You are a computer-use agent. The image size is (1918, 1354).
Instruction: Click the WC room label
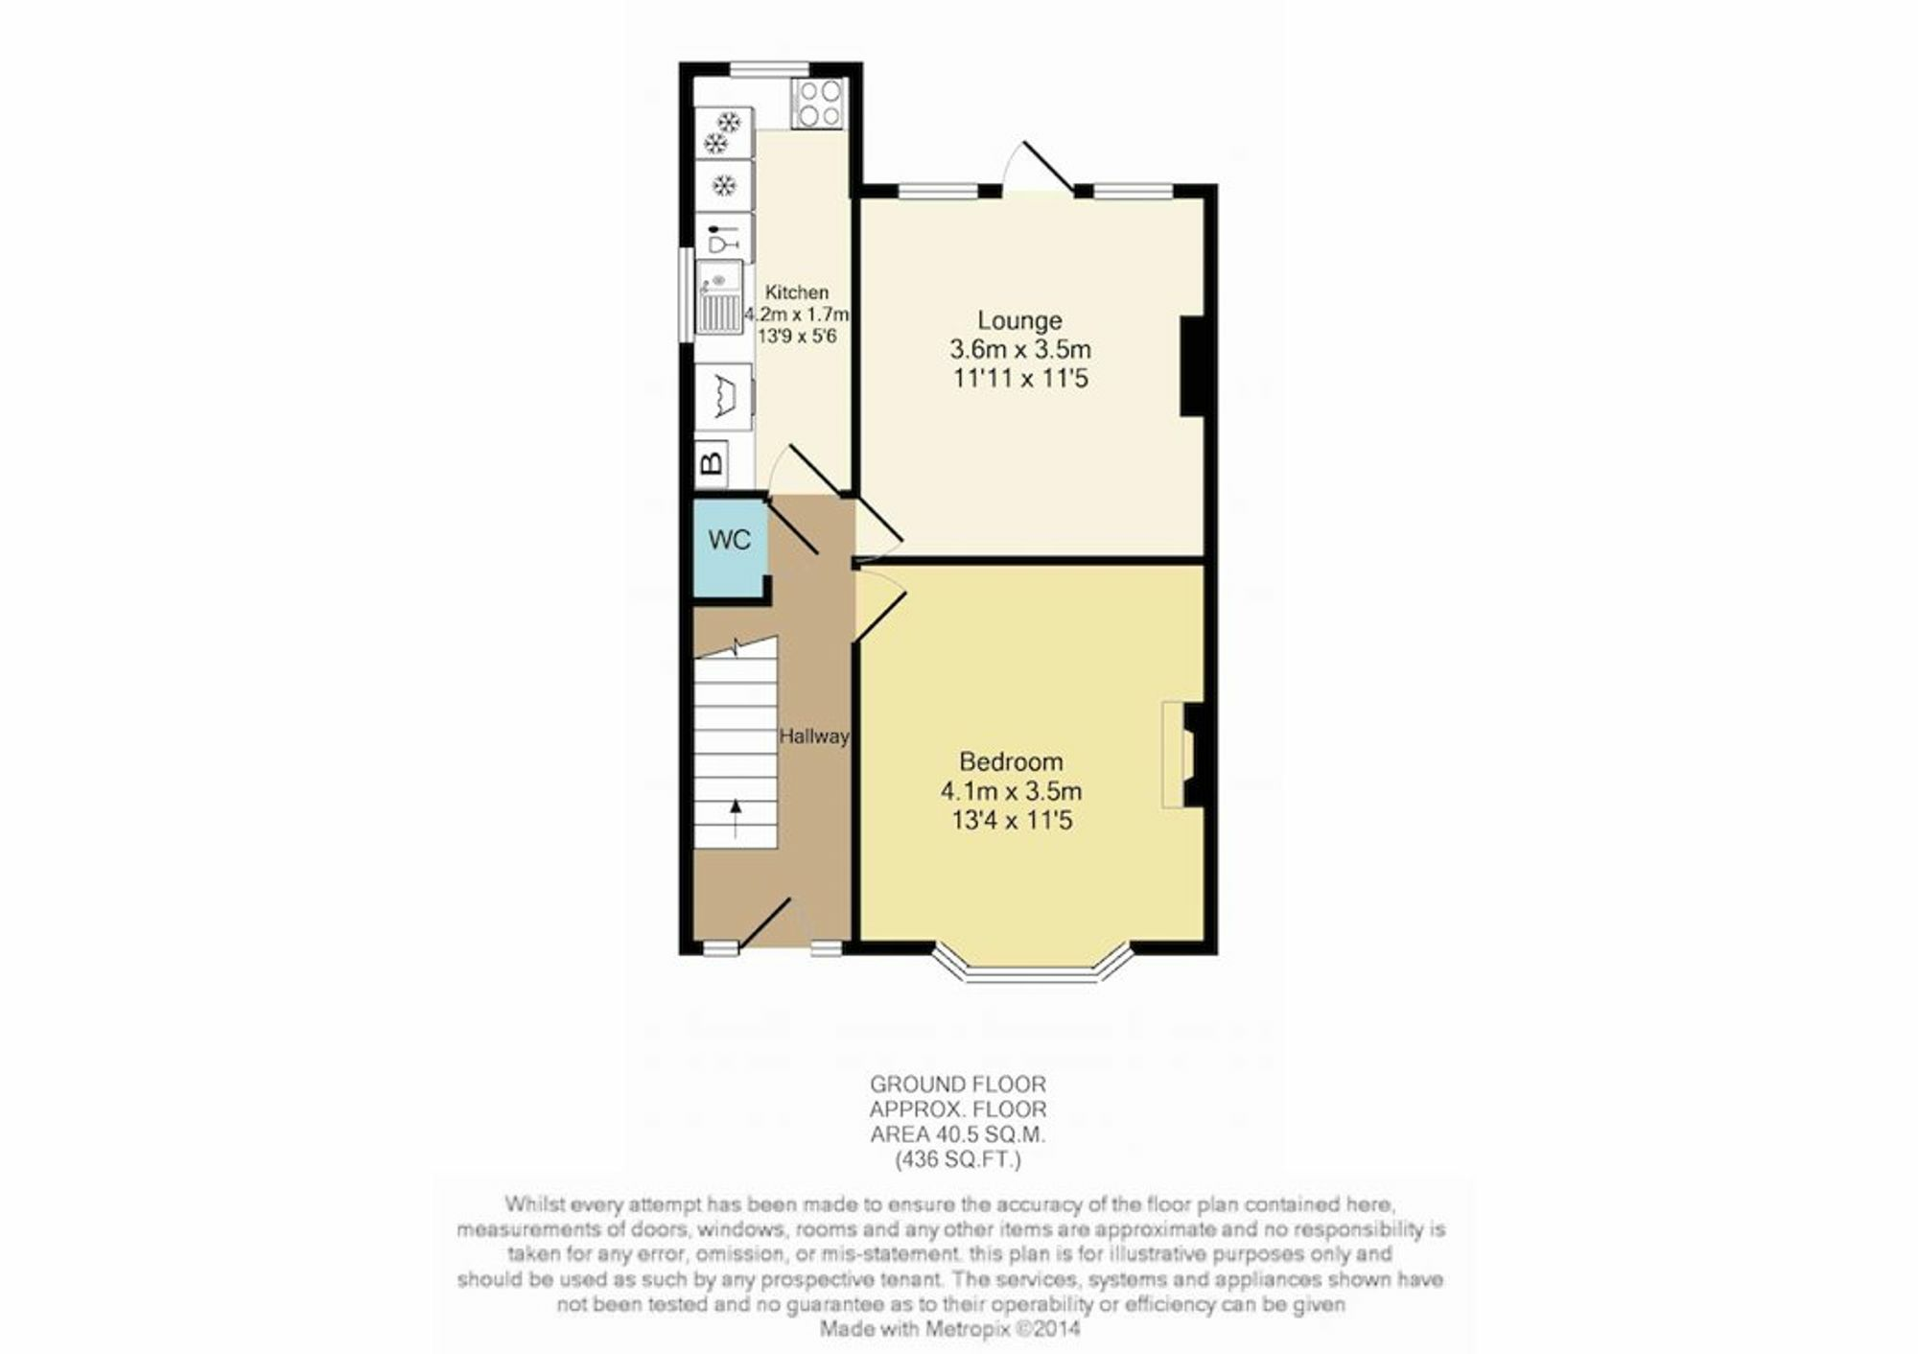click(x=729, y=540)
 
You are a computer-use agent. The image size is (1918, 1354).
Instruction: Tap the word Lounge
click(x=1019, y=320)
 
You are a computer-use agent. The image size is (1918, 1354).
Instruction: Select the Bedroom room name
click(x=1011, y=762)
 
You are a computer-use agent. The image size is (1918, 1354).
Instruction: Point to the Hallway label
click(x=813, y=736)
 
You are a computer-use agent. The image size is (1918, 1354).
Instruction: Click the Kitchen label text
click(x=797, y=292)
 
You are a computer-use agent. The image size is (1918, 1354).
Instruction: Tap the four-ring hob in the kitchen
click(x=819, y=104)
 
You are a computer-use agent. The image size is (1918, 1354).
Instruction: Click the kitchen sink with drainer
click(x=718, y=296)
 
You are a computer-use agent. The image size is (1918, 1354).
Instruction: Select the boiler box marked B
click(x=711, y=463)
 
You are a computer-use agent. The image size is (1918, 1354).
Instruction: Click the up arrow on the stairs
click(x=736, y=818)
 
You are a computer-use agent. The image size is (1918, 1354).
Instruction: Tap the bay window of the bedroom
click(x=1033, y=967)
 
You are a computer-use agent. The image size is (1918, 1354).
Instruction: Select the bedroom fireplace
click(x=1183, y=755)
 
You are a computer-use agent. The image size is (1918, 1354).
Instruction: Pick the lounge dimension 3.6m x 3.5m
click(x=1020, y=350)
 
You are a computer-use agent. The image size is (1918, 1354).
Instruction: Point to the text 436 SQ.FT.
click(x=958, y=1160)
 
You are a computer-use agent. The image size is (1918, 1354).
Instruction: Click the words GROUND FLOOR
click(x=958, y=1085)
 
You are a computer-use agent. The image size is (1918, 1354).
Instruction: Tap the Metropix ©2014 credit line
click(x=949, y=1329)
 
